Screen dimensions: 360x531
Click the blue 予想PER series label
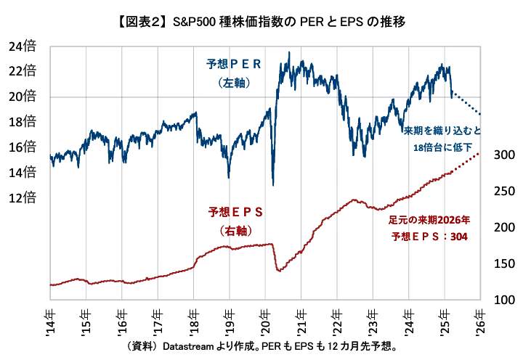tap(234, 66)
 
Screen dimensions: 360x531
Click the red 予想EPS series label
tap(234, 213)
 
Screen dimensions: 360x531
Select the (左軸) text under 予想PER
tap(234, 83)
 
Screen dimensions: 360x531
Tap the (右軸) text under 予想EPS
tap(234, 231)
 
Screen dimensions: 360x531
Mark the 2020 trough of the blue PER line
tap(272, 184)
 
